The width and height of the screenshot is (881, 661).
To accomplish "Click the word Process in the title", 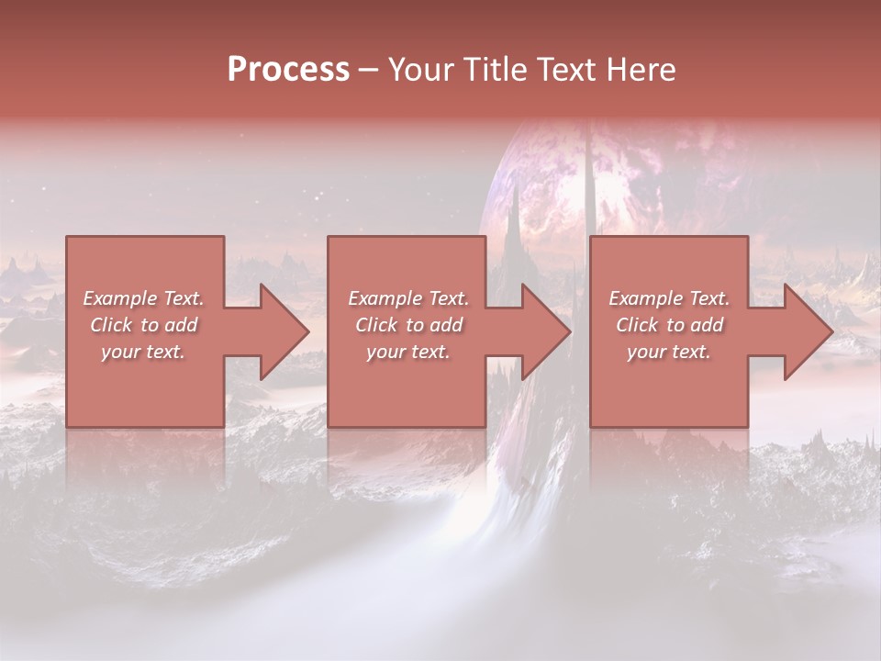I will (288, 70).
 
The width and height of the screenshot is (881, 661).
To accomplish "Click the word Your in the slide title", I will (422, 70).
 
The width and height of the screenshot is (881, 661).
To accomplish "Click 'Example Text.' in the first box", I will (143, 298).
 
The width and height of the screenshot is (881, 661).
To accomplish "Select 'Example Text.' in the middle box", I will (408, 298).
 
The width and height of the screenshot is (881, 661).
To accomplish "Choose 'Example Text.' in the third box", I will (669, 298).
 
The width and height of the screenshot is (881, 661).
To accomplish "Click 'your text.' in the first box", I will (143, 352).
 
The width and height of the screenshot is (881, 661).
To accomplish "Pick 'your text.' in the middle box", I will (408, 352).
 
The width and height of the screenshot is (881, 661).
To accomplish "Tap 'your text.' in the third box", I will (669, 352).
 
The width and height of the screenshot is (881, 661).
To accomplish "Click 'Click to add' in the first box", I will (143, 325).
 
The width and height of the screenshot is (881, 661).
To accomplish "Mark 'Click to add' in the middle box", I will (408, 325).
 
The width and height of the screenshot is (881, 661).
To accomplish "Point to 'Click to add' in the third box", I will (669, 325).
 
